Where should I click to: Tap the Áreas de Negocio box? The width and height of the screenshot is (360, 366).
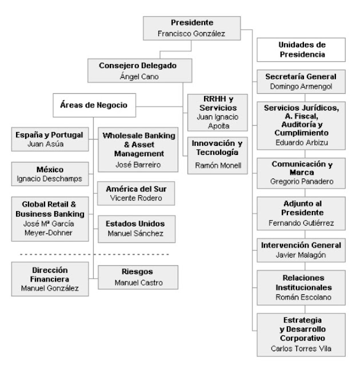[94, 105]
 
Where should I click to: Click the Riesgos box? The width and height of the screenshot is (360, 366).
[134, 277]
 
